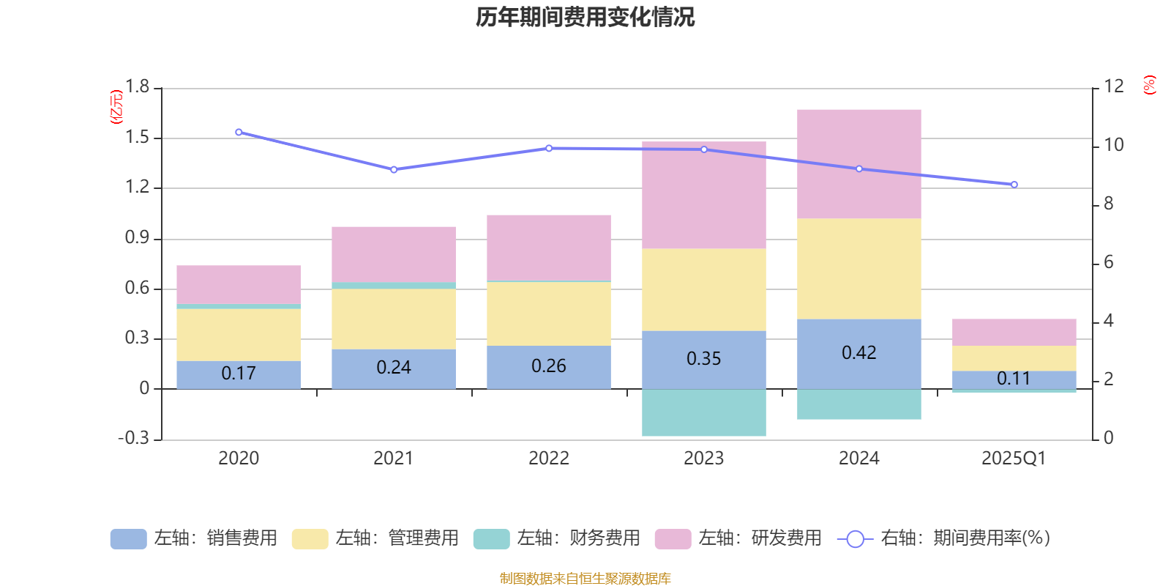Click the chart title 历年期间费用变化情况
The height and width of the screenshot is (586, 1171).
(585, 17)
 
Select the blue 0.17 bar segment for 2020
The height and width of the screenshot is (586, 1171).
(239, 374)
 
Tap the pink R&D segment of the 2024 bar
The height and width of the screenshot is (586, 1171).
(858, 163)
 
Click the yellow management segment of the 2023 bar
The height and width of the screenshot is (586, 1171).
(703, 289)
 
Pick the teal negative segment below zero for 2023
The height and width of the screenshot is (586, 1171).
(703, 413)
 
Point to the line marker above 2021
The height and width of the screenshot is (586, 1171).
(394, 169)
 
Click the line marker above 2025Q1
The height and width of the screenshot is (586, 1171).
(1014, 185)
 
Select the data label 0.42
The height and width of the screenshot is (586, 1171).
(858, 353)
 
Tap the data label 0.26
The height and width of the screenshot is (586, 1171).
(548, 366)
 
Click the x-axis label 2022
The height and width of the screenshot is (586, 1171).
(548, 459)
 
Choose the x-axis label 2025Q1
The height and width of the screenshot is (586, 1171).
(1014, 459)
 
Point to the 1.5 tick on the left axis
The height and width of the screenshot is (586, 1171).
(137, 138)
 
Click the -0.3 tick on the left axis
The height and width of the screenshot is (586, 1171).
(133, 438)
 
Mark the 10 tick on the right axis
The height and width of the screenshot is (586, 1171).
(1114, 145)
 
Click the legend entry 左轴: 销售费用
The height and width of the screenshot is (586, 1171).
(194, 538)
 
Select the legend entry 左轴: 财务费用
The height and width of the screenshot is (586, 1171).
(557, 538)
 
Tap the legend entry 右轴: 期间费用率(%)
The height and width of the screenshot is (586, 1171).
(944, 538)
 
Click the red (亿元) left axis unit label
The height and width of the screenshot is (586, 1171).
(116, 107)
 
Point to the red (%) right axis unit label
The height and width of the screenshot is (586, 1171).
(1149, 85)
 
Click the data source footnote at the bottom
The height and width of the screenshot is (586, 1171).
(585, 579)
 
